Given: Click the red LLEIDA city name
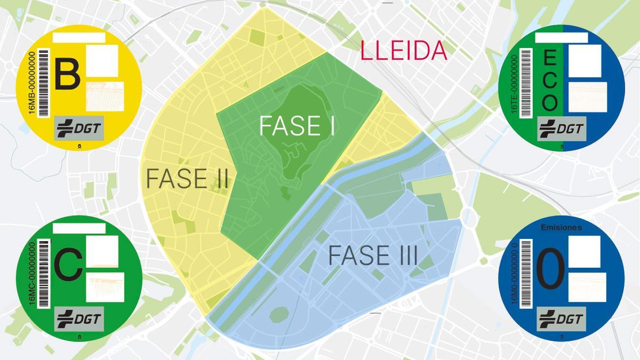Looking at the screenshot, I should [403, 51].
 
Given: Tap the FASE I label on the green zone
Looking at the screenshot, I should [297, 126].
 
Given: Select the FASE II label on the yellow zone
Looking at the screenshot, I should [187, 179].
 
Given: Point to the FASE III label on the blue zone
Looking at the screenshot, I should [372, 255].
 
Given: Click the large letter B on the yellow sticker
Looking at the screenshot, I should [67, 75].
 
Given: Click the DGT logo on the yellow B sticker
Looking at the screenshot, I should [79, 129].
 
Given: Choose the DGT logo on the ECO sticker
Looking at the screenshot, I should [562, 129].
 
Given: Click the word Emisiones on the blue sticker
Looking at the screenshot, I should [561, 228].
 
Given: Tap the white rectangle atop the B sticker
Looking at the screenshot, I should [79, 37].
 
